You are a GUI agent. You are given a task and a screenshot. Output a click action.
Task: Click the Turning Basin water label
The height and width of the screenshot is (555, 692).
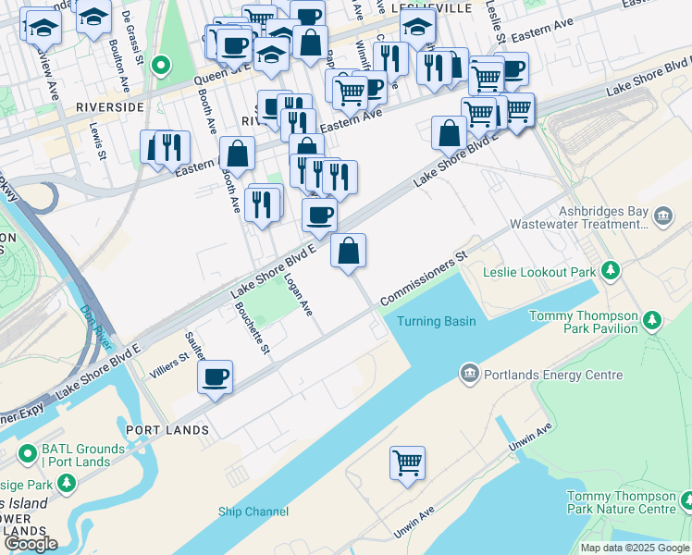(436, 321)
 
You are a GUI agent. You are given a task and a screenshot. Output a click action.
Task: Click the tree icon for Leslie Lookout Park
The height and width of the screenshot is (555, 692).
(610, 271)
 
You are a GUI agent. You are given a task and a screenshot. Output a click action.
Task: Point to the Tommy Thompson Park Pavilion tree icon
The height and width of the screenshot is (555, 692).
(653, 321)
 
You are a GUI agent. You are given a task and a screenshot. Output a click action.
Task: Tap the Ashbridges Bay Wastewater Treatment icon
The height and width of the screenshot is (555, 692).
(662, 217)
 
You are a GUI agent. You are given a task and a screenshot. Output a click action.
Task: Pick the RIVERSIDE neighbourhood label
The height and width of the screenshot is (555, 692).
(110, 107)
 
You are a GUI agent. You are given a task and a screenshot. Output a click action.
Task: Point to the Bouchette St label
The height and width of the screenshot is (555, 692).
(252, 329)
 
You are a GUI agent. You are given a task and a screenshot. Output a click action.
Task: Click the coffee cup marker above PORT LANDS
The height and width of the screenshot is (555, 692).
(215, 376)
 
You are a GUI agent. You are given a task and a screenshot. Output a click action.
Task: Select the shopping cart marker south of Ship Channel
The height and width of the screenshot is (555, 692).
(407, 462)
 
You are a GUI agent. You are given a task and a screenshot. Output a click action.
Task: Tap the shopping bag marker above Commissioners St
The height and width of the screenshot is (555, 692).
(348, 251)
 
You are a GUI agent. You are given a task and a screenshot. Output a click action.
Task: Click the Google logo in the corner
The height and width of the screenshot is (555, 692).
(31, 544)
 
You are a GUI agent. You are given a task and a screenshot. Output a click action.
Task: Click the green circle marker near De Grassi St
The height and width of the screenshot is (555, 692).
(161, 65)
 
